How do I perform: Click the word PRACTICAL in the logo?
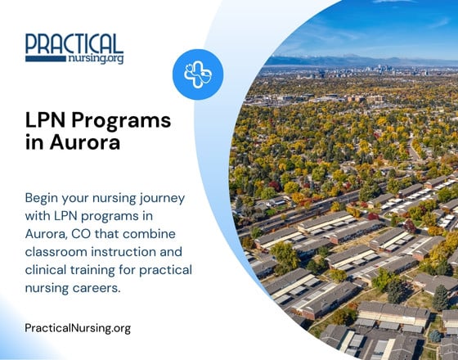(x=74, y=43)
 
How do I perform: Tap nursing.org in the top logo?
(x=94, y=59)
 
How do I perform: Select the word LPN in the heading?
(x=48, y=120)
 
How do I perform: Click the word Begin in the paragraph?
(x=43, y=198)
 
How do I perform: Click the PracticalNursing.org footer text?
(x=78, y=328)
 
